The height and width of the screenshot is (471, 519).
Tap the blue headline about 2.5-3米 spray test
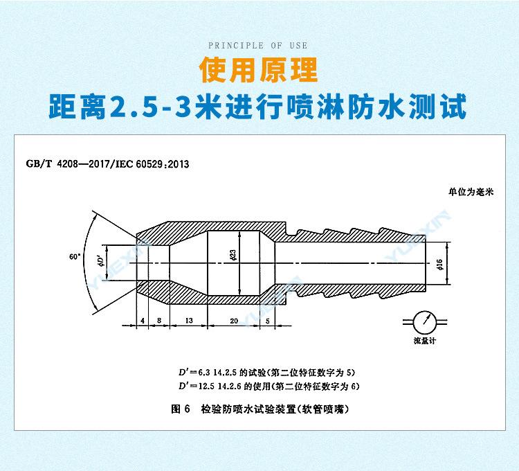point(259,109)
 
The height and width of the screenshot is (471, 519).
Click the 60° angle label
point(75,256)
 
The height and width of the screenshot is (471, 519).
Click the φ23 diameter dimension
point(235,256)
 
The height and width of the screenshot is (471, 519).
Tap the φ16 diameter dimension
point(440,263)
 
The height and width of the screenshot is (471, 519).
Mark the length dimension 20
point(235,321)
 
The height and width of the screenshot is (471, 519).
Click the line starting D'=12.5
point(266,386)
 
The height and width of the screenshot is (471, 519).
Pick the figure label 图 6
point(180,409)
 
